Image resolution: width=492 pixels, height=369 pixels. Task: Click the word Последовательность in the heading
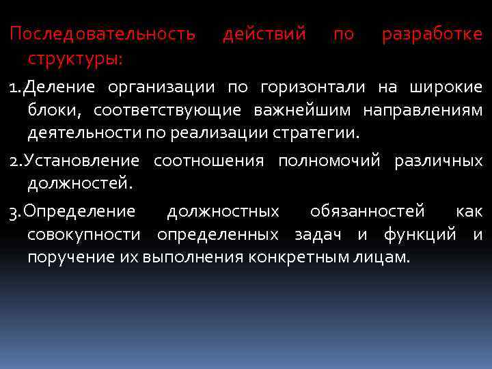click(x=102, y=34)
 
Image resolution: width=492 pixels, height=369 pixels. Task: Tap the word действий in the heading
click(x=264, y=34)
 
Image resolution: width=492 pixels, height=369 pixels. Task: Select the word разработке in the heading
click(x=432, y=34)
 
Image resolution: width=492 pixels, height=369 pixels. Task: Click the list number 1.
click(x=13, y=88)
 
